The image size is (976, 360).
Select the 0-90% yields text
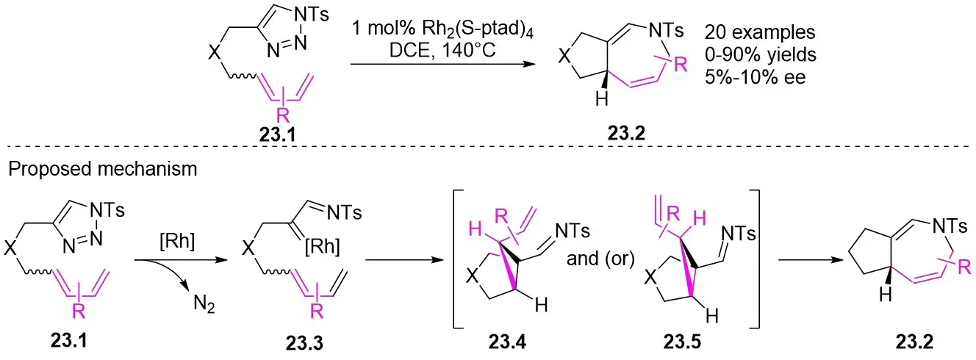pos(756,54)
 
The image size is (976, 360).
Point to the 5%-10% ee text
pos(755,76)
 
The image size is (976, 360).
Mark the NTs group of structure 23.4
pos(565,232)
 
